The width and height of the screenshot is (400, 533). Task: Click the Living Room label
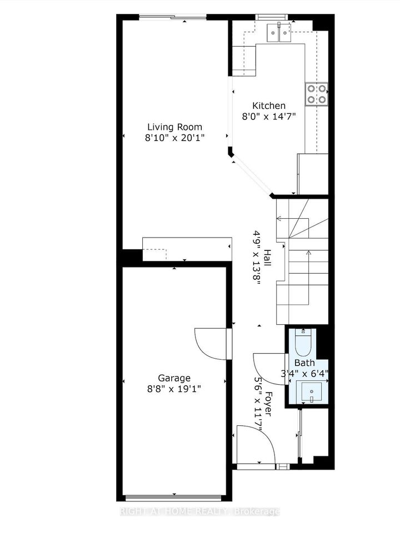pyautogui.click(x=174, y=127)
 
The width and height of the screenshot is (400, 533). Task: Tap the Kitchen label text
pyautogui.click(x=269, y=105)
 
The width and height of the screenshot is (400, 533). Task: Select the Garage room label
pyautogui.click(x=174, y=378)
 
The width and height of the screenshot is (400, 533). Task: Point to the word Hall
pyautogui.click(x=268, y=258)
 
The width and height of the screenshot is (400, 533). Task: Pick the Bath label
pyautogui.click(x=304, y=363)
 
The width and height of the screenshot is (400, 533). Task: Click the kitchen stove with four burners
pyautogui.click(x=317, y=94)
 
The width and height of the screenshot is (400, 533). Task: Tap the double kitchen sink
pyautogui.click(x=279, y=32)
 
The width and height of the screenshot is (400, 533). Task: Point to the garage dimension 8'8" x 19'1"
pyautogui.click(x=174, y=389)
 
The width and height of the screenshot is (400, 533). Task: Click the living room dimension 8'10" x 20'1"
pyautogui.click(x=175, y=138)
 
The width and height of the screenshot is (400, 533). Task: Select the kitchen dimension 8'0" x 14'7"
pyautogui.click(x=269, y=117)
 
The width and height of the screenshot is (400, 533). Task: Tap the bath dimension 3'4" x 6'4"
pyautogui.click(x=304, y=374)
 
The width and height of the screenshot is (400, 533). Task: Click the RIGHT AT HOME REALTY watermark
pyautogui.click(x=200, y=511)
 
